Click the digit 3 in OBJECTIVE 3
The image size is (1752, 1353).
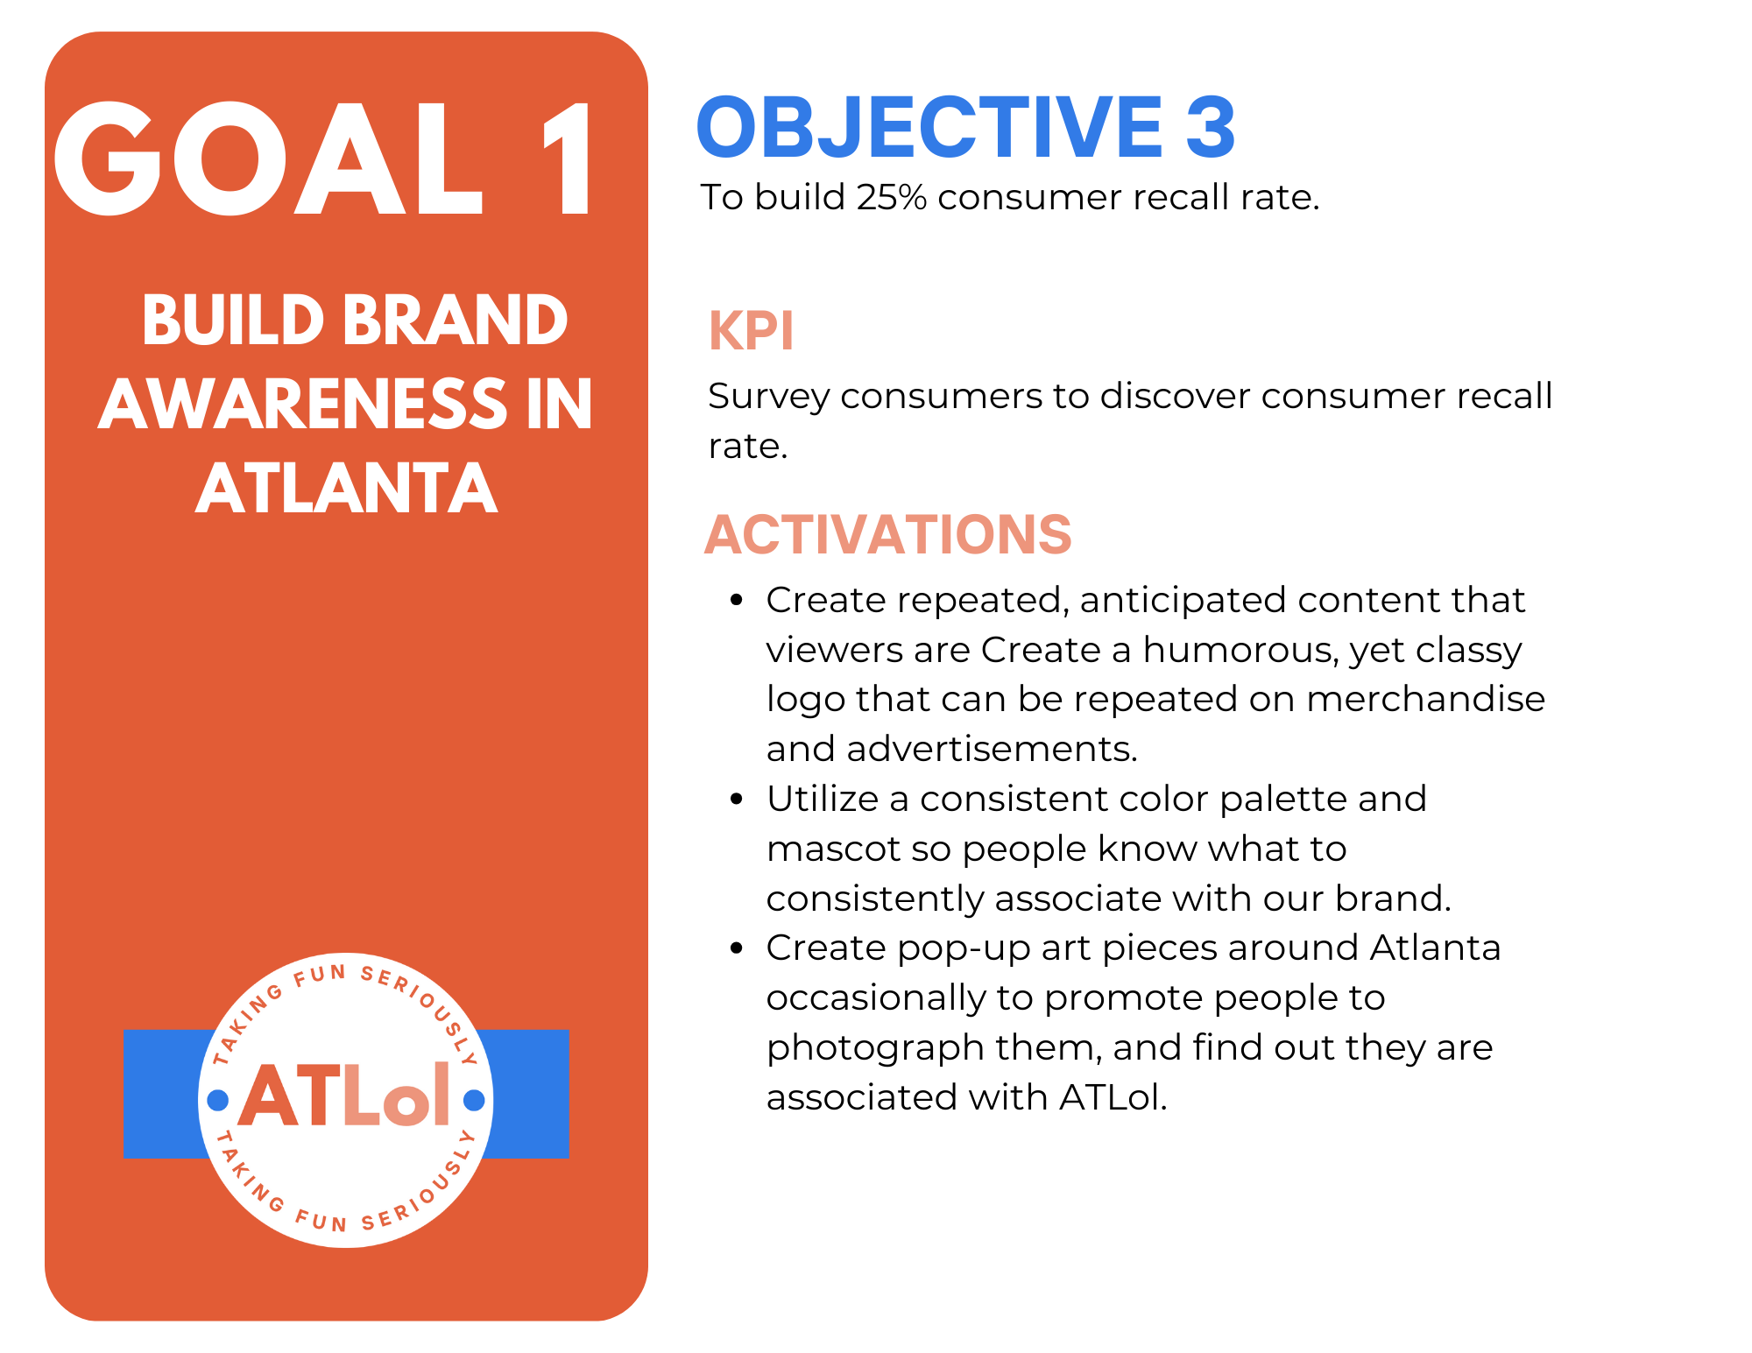(1210, 128)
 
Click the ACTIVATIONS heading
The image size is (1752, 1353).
(887, 534)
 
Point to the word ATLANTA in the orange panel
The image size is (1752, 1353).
(347, 488)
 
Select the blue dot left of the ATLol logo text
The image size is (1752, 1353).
(217, 1100)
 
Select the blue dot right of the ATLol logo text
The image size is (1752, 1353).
(474, 1100)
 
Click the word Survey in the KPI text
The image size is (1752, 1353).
(768, 397)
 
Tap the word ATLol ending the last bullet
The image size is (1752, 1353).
(1113, 1097)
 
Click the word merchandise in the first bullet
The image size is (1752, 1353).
(1425, 700)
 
